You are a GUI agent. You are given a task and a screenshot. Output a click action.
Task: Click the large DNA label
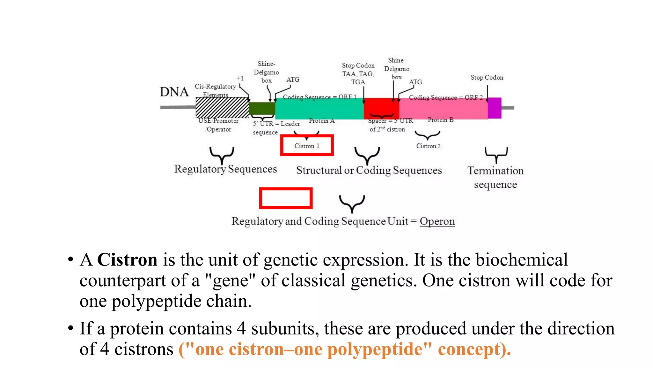pos(174,92)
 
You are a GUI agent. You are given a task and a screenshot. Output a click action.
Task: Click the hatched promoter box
pos(222,108)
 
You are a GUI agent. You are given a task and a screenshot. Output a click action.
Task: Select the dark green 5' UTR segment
pos(261,109)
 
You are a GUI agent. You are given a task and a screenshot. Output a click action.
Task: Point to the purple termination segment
pos(494,108)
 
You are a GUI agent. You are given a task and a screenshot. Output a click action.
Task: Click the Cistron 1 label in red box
pos(307,146)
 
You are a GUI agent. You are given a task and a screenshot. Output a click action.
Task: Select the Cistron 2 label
pos(428,146)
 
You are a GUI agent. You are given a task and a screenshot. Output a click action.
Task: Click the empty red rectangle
pos(286,198)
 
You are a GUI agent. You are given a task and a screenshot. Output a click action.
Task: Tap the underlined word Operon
pos(437,221)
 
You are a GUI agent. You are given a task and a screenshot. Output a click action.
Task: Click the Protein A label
pos(321,121)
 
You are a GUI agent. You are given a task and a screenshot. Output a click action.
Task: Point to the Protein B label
pos(440,120)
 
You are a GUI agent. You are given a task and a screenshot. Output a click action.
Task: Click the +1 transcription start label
pos(240,78)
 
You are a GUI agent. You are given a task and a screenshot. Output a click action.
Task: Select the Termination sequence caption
pos(495,178)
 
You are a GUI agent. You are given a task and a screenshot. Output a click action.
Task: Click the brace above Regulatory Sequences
pos(222,155)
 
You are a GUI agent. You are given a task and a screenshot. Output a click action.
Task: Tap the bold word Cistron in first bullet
pos(127,259)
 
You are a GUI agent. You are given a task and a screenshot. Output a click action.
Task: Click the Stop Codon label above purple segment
pos(487,78)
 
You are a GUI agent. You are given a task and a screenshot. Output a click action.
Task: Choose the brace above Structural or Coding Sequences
pos(367,155)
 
